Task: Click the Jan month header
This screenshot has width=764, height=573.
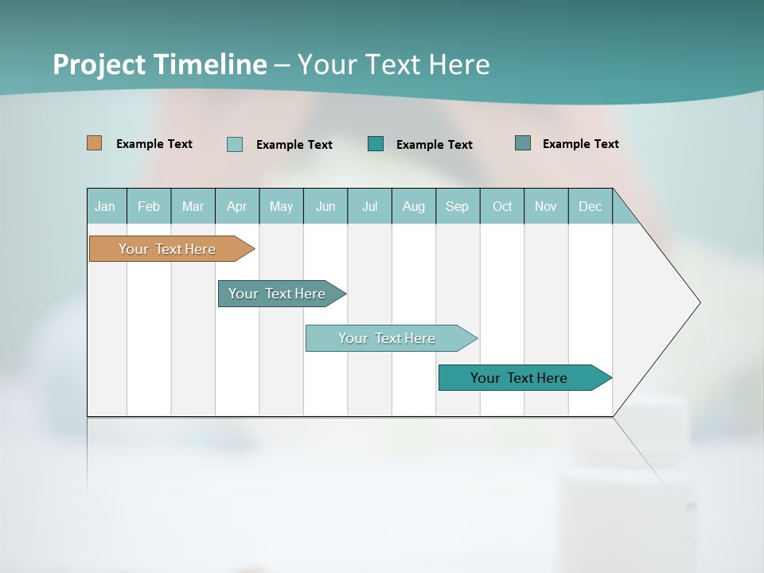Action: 105,206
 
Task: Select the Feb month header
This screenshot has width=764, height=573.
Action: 149,206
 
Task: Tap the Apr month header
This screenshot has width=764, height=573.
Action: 237,206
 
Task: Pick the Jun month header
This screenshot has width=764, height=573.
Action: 325,206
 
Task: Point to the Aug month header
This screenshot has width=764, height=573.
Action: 414,206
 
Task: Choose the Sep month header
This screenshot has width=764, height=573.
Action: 457,206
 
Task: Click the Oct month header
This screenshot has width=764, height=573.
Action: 502,206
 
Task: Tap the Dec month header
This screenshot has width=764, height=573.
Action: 591,206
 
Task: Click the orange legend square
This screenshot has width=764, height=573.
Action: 95,143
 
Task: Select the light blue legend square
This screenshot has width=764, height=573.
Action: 235,144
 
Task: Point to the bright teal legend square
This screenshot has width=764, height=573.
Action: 376,144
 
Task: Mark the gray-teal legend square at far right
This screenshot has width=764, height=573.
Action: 523,143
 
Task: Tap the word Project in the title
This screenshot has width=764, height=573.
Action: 100,64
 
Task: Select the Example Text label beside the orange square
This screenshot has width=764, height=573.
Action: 154,144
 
